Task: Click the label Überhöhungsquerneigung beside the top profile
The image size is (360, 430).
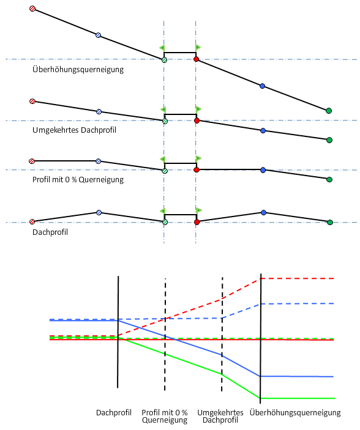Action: tap(78, 69)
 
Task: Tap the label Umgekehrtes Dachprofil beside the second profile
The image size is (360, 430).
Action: tap(74, 130)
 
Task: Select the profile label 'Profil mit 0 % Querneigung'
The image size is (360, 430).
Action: tap(78, 180)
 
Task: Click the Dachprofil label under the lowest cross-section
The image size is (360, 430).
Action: tap(50, 232)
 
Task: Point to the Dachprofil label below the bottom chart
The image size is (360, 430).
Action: tap(114, 412)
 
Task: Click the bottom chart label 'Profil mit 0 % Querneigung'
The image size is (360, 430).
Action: tap(165, 417)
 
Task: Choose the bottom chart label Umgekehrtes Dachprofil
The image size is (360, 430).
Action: tap(220, 417)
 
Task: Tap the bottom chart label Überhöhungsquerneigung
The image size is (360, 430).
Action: tap(295, 413)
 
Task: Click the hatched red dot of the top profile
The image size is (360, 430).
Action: tap(32, 9)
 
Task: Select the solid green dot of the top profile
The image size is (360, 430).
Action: tap(329, 111)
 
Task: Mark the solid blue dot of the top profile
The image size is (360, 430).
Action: tap(262, 86)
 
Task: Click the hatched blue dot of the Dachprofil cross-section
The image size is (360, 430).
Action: tap(99, 212)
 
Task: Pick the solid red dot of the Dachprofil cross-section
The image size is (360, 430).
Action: tap(197, 222)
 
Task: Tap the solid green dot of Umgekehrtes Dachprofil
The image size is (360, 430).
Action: tap(329, 140)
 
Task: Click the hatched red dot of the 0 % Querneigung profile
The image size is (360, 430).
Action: tap(32, 161)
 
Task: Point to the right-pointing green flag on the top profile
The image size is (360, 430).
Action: tap(198, 48)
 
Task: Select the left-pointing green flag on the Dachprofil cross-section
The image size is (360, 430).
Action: tap(163, 211)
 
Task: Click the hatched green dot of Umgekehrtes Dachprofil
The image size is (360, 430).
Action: tap(165, 121)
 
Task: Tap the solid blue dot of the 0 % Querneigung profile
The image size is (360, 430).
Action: tap(263, 170)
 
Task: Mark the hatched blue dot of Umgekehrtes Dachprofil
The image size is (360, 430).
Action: tap(99, 111)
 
